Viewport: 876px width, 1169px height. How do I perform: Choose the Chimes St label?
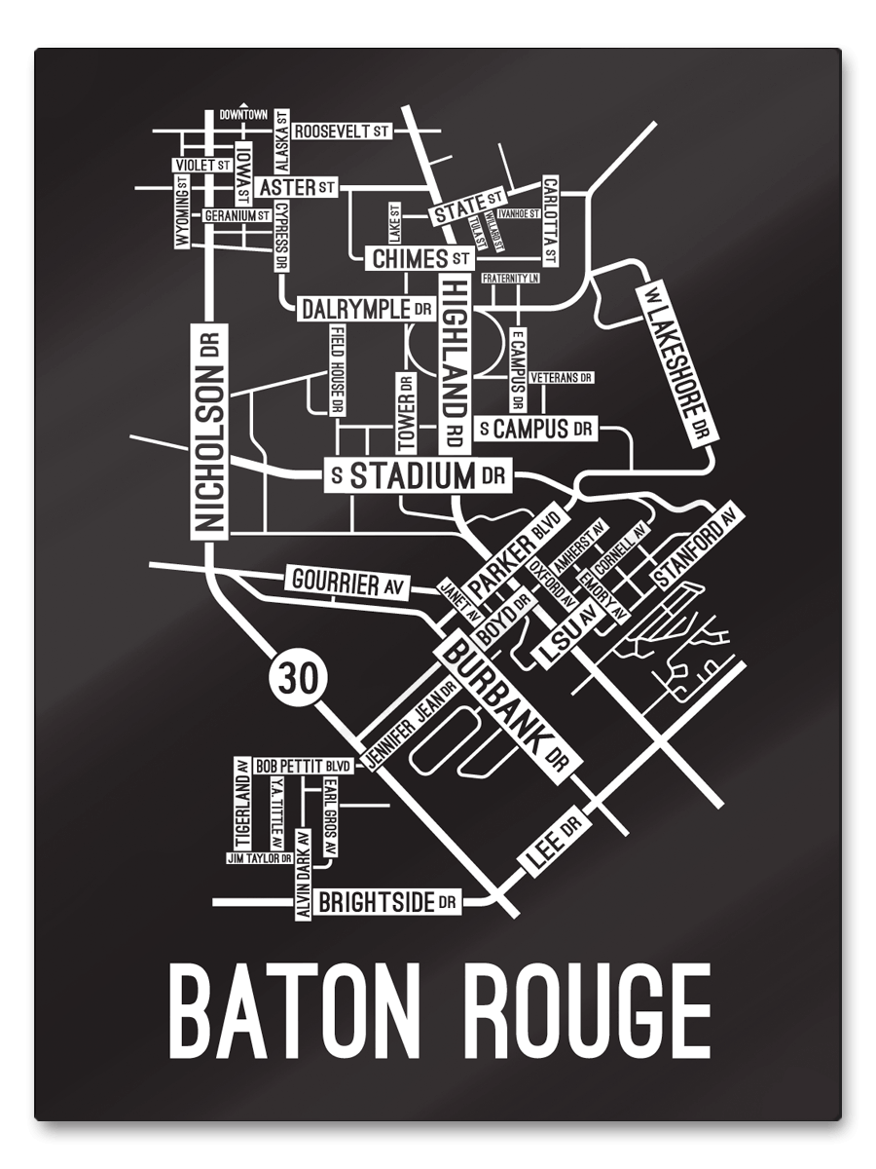coord(420,259)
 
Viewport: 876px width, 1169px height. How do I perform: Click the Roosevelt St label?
coord(341,131)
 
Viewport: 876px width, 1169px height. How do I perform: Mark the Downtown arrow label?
coord(243,114)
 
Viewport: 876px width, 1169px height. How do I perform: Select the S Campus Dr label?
coord(535,428)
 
